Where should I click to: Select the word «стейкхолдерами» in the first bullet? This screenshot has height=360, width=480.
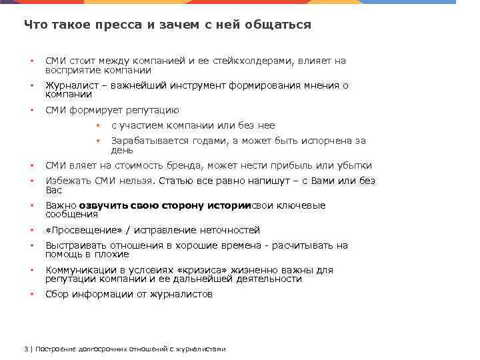coord(252,61)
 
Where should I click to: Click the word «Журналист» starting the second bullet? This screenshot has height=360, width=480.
coord(68,86)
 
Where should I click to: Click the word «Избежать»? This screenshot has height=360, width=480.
coord(67,181)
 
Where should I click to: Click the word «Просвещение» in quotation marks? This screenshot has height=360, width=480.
coord(81,231)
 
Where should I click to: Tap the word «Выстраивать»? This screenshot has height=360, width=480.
coord(75,246)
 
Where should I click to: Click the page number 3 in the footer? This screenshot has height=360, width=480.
coord(25,349)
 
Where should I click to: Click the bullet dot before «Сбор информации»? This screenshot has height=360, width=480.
coord(31,295)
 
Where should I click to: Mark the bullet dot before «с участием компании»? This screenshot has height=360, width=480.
coord(97,126)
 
